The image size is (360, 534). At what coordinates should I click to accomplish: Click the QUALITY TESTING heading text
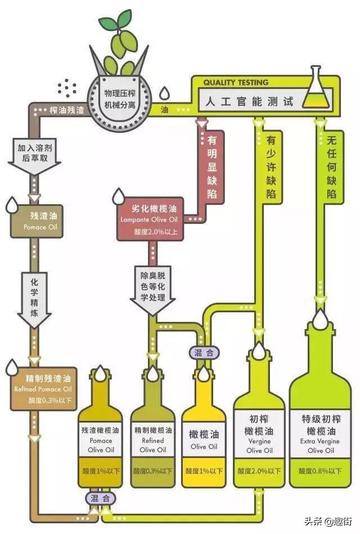point(236,82)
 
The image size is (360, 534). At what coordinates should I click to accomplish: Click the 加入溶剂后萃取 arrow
point(34,152)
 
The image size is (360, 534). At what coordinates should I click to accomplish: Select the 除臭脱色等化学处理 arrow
point(152,288)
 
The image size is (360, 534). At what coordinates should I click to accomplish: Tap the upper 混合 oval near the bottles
point(204,352)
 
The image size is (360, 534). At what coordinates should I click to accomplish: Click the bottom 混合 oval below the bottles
point(101,498)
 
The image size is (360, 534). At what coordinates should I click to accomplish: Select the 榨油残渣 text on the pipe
point(66,110)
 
